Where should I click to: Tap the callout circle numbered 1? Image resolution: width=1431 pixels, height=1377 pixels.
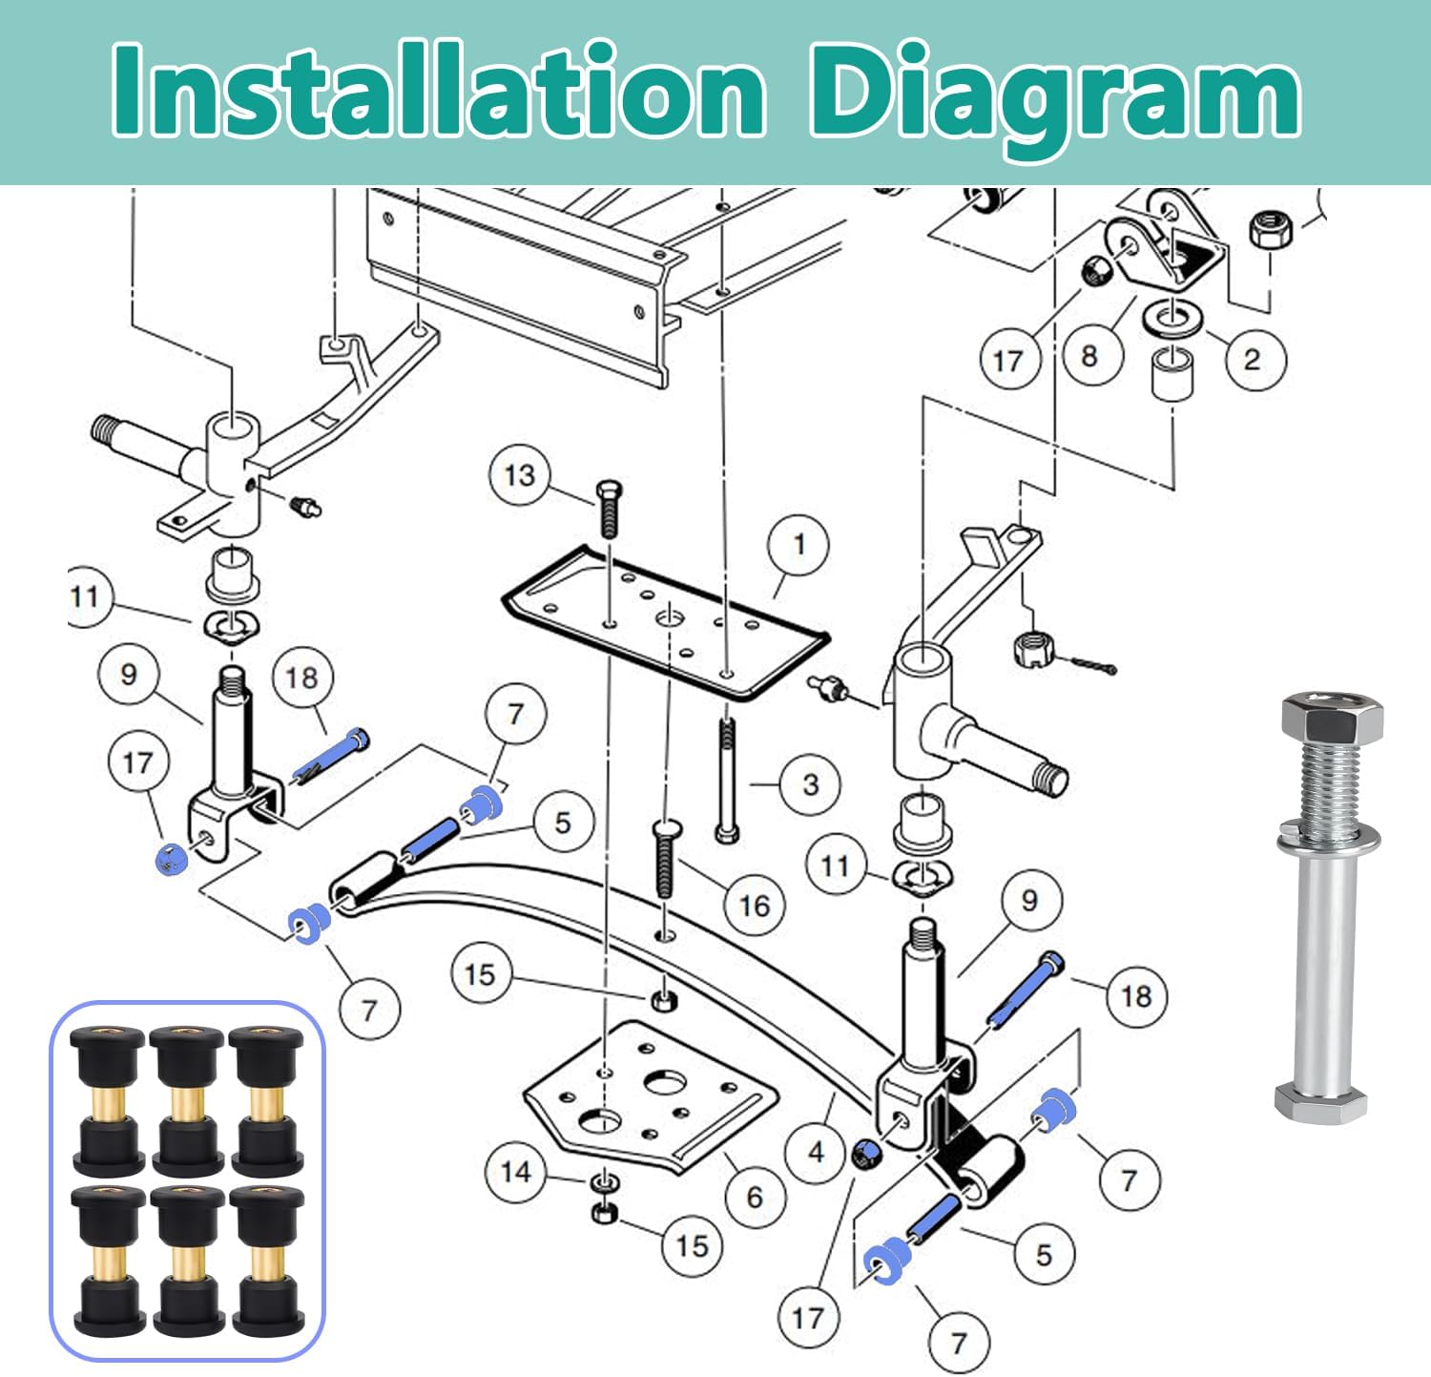(798, 545)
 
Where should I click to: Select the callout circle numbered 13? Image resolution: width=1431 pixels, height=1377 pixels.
(520, 475)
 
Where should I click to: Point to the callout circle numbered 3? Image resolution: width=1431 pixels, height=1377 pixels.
(810, 784)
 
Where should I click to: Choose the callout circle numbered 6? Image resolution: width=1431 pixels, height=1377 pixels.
(755, 1197)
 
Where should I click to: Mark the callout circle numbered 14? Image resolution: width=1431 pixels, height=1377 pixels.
(515, 1171)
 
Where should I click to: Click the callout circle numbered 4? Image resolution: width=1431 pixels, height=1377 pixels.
(816, 1152)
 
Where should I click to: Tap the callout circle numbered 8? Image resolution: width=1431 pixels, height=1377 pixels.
(1089, 356)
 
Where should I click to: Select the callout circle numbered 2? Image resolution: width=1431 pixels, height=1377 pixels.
(1252, 359)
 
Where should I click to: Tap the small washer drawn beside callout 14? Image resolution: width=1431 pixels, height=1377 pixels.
(602, 1183)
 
